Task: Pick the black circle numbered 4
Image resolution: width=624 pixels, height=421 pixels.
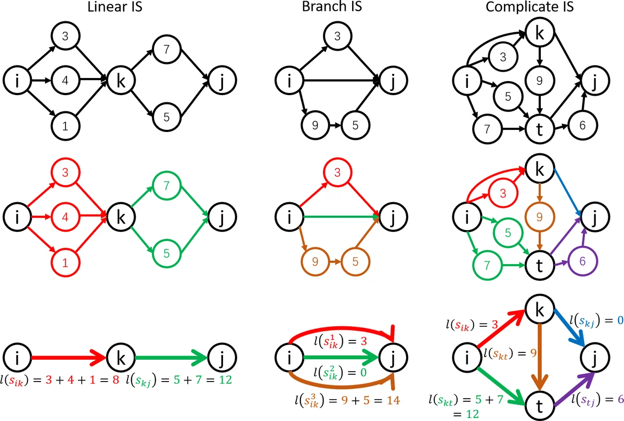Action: (x=65, y=81)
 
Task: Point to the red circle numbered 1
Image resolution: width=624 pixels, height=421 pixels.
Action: (x=65, y=262)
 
